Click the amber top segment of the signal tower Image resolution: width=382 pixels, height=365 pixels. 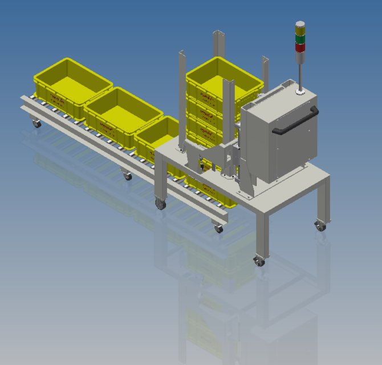point(299,27)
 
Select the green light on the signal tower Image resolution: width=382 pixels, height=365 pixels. point(299,38)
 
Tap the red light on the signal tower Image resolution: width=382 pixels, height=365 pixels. point(299,47)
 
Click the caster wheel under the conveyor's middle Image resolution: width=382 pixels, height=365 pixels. point(127,176)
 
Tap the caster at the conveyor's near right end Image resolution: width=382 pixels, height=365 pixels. point(218,229)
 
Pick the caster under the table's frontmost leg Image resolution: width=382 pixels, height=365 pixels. point(260,262)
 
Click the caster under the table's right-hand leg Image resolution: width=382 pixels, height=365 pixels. point(320,226)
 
